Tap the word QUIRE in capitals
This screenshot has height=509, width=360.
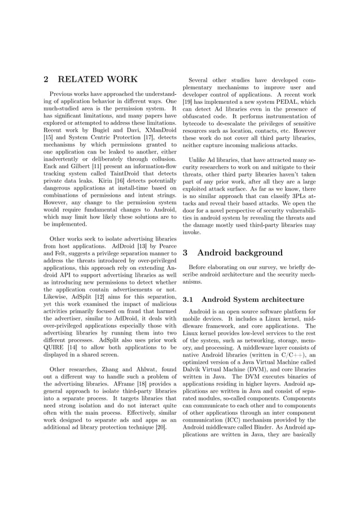(x=56, y=346)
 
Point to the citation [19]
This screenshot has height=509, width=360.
(x=188, y=102)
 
